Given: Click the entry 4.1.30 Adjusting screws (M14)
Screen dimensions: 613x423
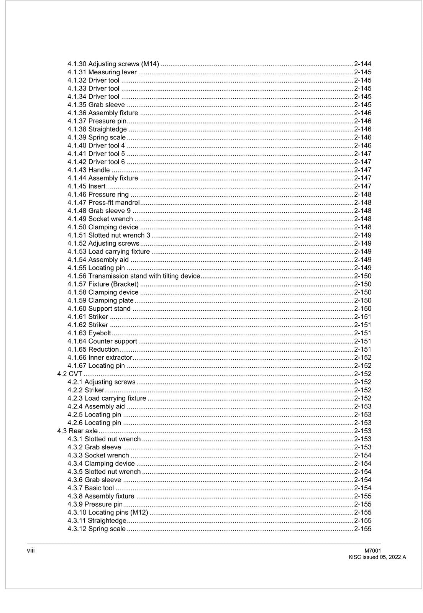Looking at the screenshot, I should pos(113,64).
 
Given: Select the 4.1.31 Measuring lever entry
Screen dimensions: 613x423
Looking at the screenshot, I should pos(102,72).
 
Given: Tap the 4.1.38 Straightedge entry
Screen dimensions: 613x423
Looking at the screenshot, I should pos(97,129).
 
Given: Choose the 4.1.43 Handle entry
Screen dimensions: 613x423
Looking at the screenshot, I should pos(89,170).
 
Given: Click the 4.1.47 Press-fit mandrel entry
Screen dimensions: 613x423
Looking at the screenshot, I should pos(103,202).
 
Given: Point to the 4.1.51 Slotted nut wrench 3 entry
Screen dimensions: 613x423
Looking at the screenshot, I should pos(109,235).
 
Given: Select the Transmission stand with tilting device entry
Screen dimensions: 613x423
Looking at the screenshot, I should pos(134,276).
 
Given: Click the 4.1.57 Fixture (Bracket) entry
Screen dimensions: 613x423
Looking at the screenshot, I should pos(103,284).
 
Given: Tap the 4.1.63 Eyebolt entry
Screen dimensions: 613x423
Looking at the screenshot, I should pos(89,333).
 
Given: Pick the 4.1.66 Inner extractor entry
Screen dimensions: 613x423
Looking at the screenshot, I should pos(100,357).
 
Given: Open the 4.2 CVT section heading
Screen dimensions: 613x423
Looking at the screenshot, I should pos(70,374).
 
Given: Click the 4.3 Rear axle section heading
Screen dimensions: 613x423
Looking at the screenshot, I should pos(77,431).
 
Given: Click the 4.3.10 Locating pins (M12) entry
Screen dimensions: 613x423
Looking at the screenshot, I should pos(108,512).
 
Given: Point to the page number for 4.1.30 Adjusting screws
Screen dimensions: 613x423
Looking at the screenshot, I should pos(362,64).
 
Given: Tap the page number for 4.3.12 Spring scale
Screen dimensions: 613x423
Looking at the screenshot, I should pos(362,529).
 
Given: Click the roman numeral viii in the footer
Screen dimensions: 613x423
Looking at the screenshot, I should pos(31,551).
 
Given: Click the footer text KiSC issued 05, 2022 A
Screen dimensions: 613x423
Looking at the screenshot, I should pos(377,557).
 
